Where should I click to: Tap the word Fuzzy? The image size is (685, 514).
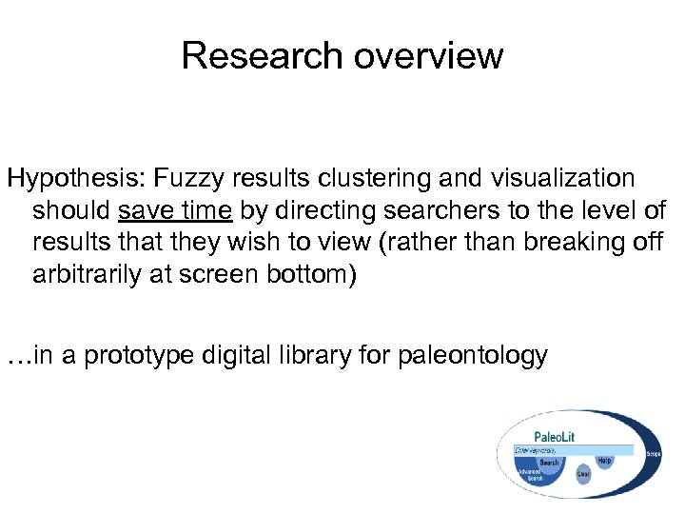click(182, 179)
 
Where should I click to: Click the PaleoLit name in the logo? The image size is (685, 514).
click(554, 437)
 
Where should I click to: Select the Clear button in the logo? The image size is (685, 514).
click(583, 473)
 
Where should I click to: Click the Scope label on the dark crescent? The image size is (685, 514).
click(654, 455)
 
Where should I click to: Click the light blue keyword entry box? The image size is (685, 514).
click(571, 448)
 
